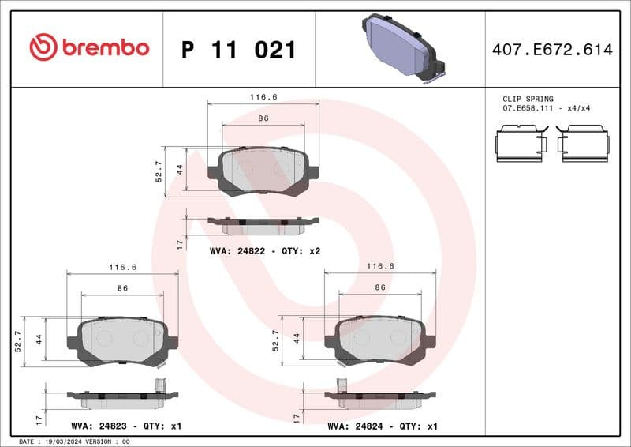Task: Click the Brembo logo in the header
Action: (x=88, y=48)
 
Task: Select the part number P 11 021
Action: (x=238, y=50)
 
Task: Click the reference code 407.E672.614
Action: (x=551, y=50)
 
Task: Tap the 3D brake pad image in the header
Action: (x=403, y=47)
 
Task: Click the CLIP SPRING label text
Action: (x=528, y=99)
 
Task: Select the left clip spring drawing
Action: (x=521, y=144)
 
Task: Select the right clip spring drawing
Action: (x=582, y=144)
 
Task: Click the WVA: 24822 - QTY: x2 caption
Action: (x=264, y=250)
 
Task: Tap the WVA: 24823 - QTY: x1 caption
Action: (x=126, y=426)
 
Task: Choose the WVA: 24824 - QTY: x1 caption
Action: (x=383, y=426)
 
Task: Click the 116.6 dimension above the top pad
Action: (x=263, y=97)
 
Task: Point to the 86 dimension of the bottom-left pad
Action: (x=122, y=288)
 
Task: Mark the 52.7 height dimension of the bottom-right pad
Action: (x=276, y=340)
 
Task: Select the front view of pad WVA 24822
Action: (x=263, y=170)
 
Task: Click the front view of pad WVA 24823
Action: (x=122, y=341)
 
